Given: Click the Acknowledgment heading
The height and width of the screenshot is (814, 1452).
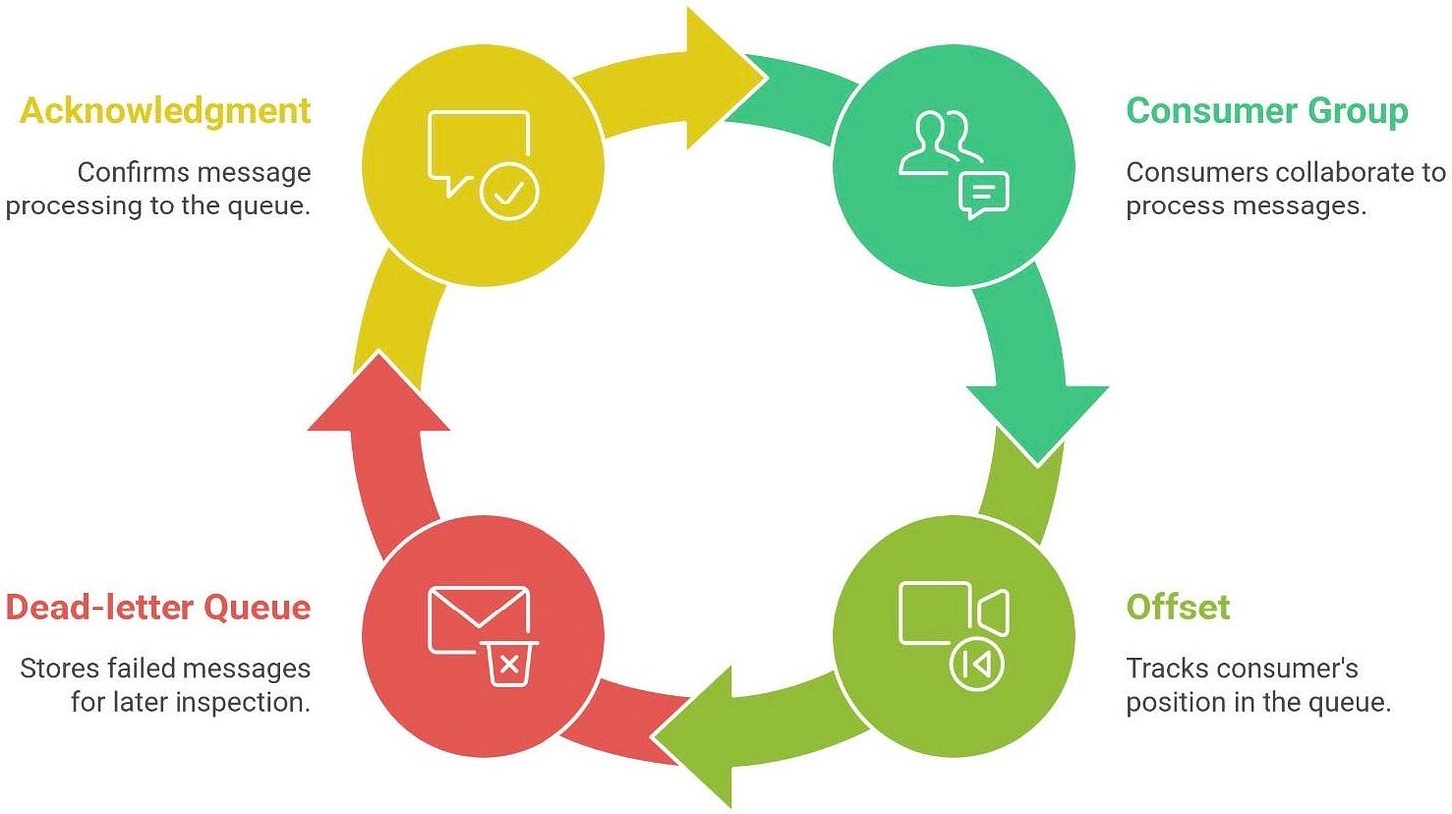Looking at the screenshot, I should click(166, 111).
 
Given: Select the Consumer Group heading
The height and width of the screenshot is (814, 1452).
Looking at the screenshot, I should click(1267, 111).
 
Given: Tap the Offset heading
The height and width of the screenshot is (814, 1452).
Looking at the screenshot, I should click(1177, 607).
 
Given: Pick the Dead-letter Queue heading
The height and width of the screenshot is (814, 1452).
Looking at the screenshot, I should click(158, 607).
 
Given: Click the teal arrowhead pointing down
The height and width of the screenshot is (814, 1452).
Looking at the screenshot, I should click(1037, 419).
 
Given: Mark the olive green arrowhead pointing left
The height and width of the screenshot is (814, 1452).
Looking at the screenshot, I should click(698, 738).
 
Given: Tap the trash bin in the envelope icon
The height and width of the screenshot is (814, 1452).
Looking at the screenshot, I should click(509, 664).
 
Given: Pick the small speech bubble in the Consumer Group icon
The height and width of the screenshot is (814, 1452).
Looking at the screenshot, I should click(983, 194).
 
